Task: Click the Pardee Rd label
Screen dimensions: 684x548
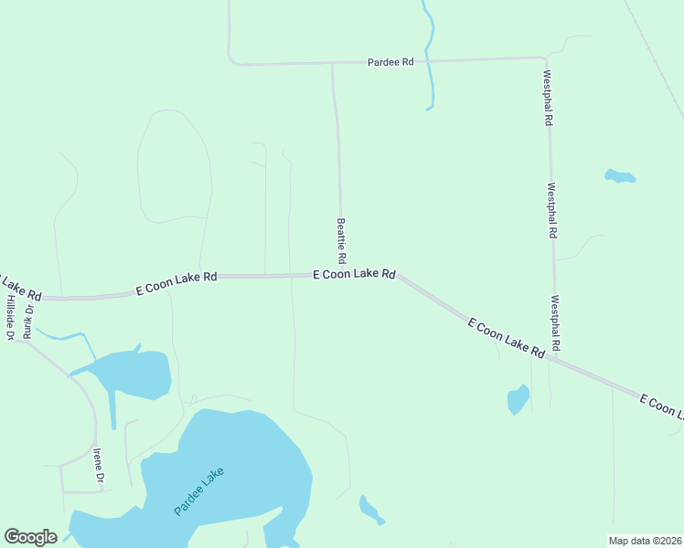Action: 390,62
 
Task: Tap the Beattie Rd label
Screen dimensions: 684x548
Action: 341,237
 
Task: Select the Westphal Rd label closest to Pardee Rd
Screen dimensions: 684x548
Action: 548,98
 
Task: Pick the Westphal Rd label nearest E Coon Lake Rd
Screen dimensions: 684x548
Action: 555,323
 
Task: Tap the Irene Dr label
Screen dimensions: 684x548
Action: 98,465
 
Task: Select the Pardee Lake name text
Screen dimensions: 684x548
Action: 198,491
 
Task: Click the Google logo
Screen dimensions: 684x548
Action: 30,536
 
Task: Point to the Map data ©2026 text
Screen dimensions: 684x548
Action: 646,541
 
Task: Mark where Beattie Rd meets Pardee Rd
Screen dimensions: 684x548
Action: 332,63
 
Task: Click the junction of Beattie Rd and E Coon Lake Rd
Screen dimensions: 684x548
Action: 343,274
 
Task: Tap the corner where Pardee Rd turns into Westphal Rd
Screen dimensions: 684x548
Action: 545,58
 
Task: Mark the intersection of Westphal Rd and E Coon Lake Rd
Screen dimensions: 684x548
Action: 552,359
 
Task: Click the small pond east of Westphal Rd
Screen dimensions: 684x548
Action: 619,175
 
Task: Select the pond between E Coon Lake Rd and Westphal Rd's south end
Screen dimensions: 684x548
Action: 518,399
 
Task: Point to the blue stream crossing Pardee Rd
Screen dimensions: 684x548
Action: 428,60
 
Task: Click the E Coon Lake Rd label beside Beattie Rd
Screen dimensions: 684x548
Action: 354,274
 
